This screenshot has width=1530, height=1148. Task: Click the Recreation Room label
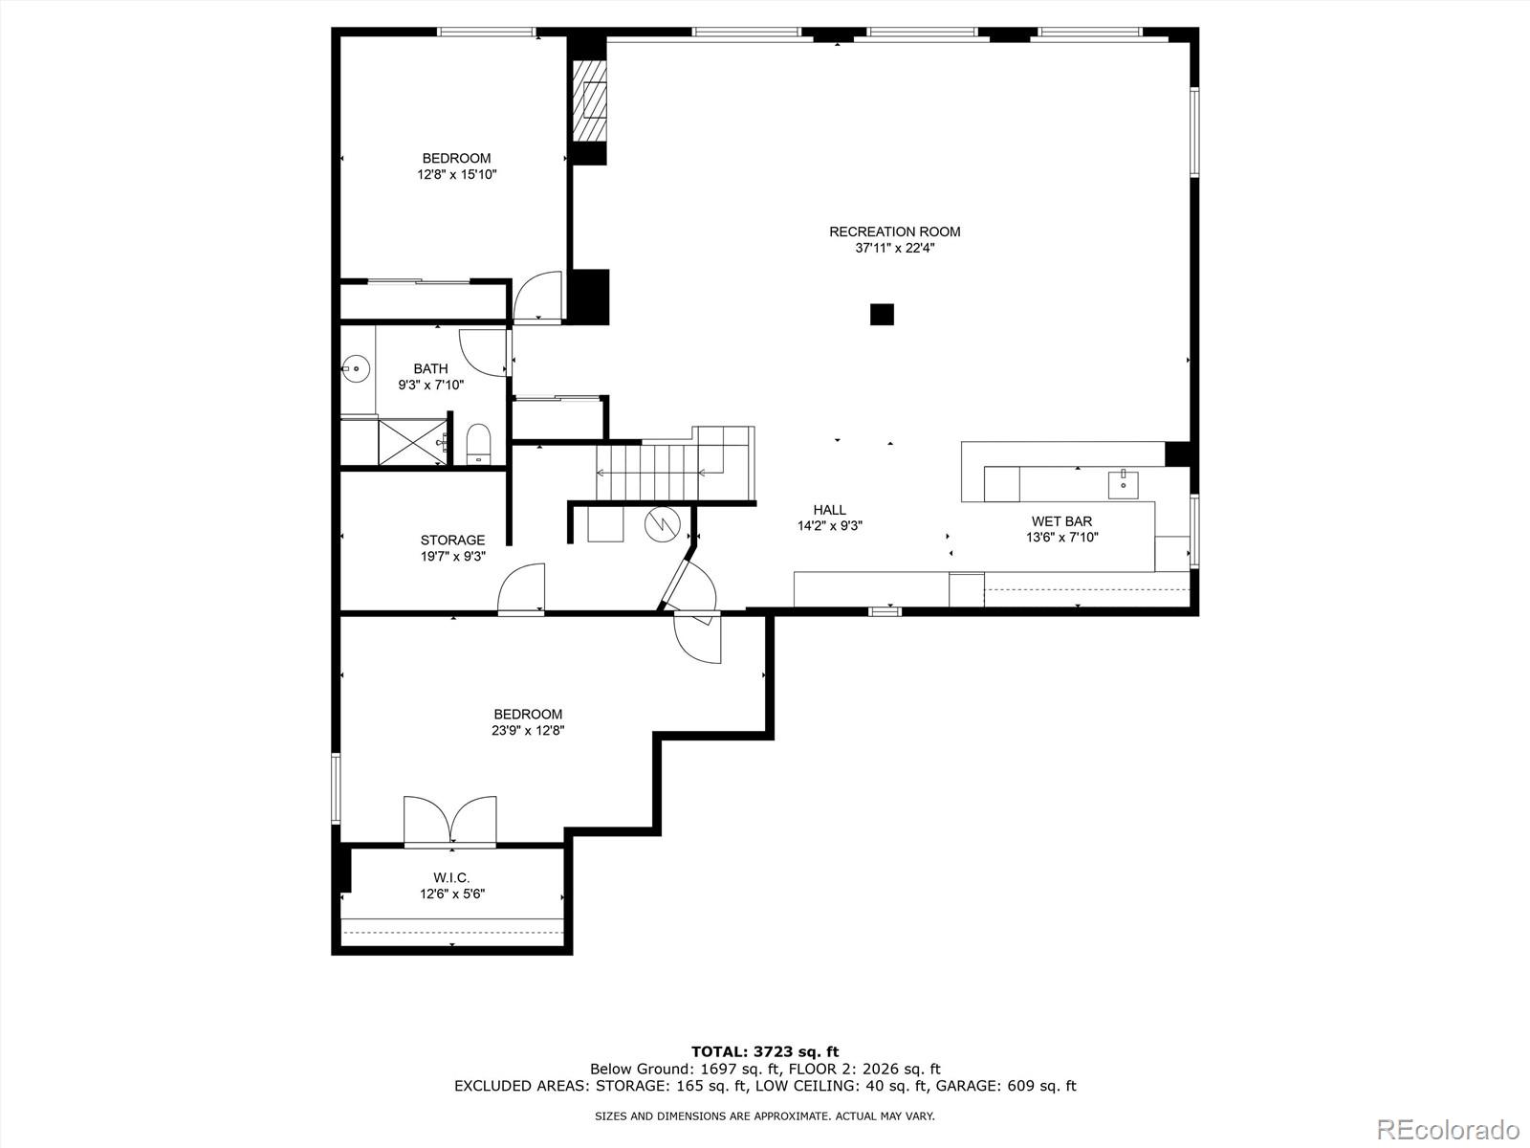point(894,232)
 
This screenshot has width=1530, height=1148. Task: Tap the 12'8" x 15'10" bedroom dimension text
point(456,175)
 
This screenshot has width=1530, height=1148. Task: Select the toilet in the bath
point(478,445)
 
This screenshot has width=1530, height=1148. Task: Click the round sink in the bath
point(356,366)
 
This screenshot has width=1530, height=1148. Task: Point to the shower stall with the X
point(411,442)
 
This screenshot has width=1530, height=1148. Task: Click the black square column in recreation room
point(882,314)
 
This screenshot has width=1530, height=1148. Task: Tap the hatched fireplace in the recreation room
point(590,101)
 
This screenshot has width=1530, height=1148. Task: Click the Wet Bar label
point(1061,521)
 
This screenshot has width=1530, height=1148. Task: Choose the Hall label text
point(829,510)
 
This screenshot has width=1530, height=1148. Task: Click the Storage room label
point(452,540)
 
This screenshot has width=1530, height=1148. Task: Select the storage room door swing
point(522,587)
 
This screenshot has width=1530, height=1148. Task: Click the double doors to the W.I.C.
point(449,821)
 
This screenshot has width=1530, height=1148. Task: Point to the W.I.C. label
point(451,877)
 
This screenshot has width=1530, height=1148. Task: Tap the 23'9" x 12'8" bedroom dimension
point(528,731)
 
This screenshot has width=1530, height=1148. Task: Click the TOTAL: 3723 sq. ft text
point(765,1051)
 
